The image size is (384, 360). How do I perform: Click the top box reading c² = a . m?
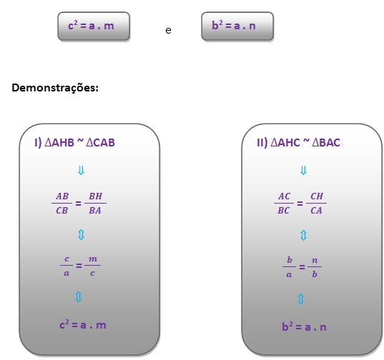point(94,26)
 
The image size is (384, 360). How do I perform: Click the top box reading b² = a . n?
point(237,26)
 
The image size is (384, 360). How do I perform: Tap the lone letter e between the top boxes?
point(168,31)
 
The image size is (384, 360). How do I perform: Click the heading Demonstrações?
point(55,88)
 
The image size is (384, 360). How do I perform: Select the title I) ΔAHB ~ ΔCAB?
point(74,143)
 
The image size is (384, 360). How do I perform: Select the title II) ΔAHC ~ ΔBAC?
point(298,143)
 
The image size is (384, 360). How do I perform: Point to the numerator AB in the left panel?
point(62,196)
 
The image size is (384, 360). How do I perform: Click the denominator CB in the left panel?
point(62,210)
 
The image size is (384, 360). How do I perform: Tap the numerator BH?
point(96,196)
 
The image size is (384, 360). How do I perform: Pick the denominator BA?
point(95,210)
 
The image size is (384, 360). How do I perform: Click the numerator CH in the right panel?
point(317,196)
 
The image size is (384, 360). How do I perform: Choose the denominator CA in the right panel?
point(316,210)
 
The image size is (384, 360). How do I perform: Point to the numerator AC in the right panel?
point(285,196)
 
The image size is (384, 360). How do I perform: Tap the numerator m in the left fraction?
point(93,259)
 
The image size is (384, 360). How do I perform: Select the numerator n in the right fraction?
point(315,260)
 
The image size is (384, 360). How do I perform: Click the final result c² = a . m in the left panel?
point(83,325)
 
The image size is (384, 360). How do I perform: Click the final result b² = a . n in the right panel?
point(304,326)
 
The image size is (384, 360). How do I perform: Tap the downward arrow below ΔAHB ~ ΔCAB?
point(81,170)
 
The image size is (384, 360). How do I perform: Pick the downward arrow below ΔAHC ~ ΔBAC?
point(303,170)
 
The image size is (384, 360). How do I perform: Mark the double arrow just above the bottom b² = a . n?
point(301,299)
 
